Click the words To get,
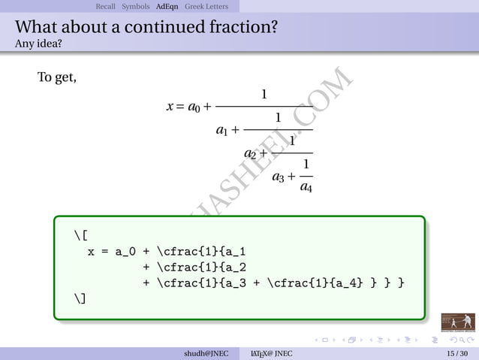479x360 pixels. [x=57, y=77]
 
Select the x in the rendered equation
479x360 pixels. [x=170, y=107]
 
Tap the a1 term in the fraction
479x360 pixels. [x=222, y=131]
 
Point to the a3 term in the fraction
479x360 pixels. [x=278, y=177]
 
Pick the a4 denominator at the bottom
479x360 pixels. [x=306, y=187]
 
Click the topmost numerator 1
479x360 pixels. [x=264, y=95]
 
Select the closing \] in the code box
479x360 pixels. [x=81, y=298]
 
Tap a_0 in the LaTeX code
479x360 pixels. [x=124, y=253]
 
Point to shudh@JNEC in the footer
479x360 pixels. [x=207, y=353]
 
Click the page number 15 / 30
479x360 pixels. [x=456, y=353]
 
